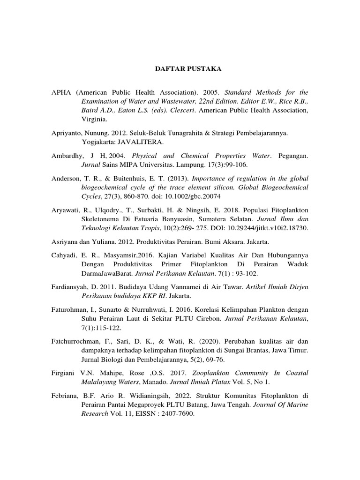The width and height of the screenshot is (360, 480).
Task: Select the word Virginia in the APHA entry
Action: click(94, 120)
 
